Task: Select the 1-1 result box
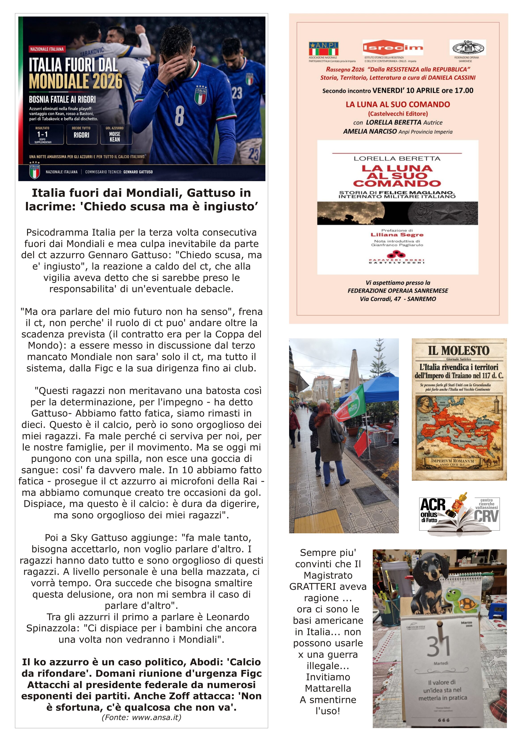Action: tap(42, 135)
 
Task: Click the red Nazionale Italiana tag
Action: tap(47, 49)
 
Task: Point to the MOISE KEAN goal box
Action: tap(115, 135)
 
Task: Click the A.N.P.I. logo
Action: tap(324, 49)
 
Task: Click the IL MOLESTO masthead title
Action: tap(459, 350)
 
